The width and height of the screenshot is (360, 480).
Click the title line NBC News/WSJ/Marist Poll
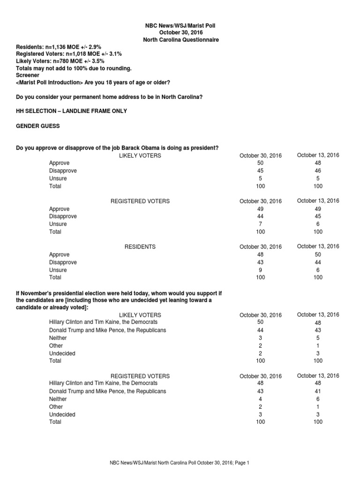tap(180, 25)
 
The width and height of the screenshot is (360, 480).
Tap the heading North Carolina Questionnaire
tap(180, 40)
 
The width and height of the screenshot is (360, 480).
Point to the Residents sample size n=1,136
tap(57, 47)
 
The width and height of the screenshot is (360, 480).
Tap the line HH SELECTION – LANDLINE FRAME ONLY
tap(71, 111)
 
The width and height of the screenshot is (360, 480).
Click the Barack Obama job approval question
tap(117, 148)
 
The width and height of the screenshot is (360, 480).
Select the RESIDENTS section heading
tap(140, 247)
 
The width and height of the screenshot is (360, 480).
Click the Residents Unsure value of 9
tap(261, 270)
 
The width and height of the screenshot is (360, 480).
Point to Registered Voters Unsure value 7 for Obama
tap(261, 224)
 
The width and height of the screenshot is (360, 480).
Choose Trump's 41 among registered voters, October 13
tap(318, 391)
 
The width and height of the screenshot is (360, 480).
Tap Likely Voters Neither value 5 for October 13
tap(318, 338)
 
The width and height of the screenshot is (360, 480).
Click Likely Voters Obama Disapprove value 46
tap(318, 171)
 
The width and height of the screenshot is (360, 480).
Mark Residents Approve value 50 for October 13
tap(318, 255)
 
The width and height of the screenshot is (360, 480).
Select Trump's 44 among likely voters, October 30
tap(261, 330)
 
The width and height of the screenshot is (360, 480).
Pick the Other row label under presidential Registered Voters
tap(56, 406)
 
